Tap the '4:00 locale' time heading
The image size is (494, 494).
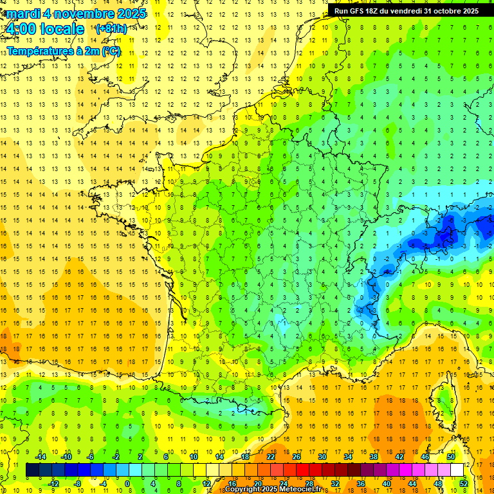pyautogui.click(x=44, y=29)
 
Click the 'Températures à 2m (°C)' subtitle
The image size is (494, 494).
pyautogui.click(x=64, y=51)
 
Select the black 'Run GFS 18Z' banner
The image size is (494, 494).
pyautogui.click(x=406, y=11)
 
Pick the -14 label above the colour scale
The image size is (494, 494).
pyautogui.click(x=41, y=457)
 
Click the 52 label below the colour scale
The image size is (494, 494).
pyautogui.click(x=464, y=484)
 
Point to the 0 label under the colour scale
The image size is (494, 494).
pyautogui.click(x=127, y=484)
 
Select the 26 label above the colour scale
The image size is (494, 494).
pyautogui.click(x=297, y=457)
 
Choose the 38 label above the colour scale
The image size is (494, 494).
pyautogui.click(x=373, y=457)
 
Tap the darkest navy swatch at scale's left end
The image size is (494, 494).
pyautogui.click(x=33, y=470)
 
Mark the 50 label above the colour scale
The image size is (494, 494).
pyautogui.click(x=450, y=457)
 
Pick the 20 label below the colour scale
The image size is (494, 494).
pyautogui.click(x=258, y=484)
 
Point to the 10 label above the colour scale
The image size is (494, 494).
pyautogui.click(x=194, y=457)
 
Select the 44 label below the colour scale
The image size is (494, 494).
pyautogui.click(x=412, y=484)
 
